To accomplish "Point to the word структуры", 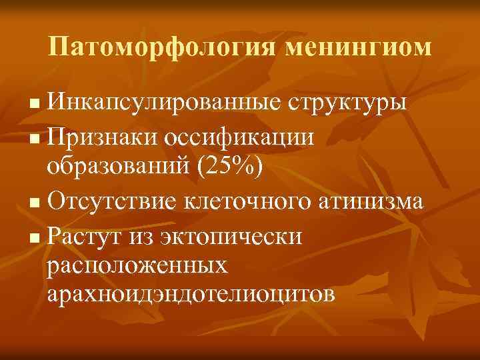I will (x=346, y=105).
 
